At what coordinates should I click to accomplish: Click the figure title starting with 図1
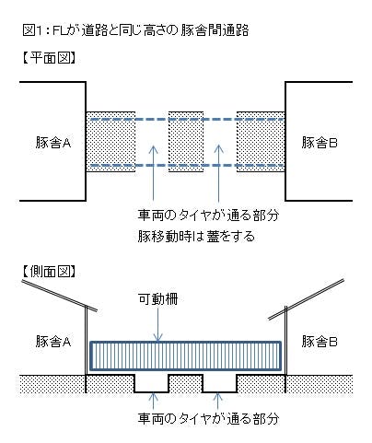click(x=135, y=30)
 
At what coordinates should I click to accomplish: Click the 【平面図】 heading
click(x=49, y=58)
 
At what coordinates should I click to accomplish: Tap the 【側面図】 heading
click(x=49, y=271)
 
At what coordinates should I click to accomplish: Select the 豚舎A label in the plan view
click(x=53, y=143)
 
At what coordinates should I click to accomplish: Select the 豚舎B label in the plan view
click(x=320, y=143)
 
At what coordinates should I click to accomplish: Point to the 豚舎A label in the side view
click(x=53, y=341)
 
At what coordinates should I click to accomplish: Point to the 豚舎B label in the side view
click(x=320, y=341)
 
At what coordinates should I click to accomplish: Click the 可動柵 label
click(x=157, y=298)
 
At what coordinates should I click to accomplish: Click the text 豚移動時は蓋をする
click(x=196, y=237)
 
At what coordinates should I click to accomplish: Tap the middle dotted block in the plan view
click(x=186, y=142)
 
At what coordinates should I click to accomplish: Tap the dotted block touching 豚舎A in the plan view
click(x=110, y=142)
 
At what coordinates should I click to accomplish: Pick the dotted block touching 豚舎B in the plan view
click(x=261, y=142)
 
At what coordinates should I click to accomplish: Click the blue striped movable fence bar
click(x=186, y=356)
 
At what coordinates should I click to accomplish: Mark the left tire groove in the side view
click(x=152, y=384)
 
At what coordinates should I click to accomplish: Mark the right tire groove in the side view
click(x=219, y=384)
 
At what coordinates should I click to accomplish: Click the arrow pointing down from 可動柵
click(x=157, y=324)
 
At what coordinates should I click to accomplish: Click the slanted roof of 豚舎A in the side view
click(x=60, y=295)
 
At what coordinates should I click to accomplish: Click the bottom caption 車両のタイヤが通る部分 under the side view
click(x=208, y=418)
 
